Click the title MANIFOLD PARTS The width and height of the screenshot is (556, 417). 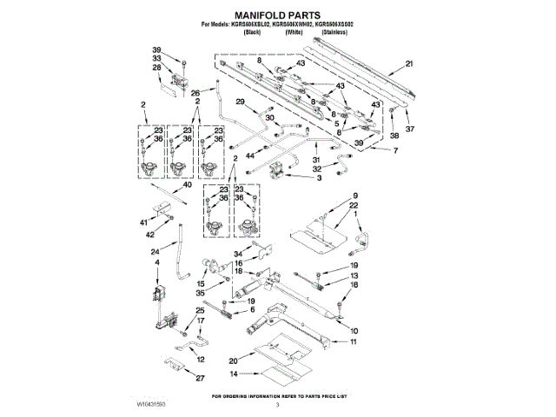click(277, 15)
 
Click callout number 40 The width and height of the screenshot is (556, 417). click(186, 184)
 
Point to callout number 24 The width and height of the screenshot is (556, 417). click(156, 253)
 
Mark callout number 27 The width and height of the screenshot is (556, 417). click(200, 378)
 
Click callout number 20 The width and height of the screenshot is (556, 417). click(233, 361)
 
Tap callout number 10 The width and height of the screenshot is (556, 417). click(353, 331)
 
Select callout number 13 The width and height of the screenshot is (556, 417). click(354, 275)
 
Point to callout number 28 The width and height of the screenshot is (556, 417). click(157, 67)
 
